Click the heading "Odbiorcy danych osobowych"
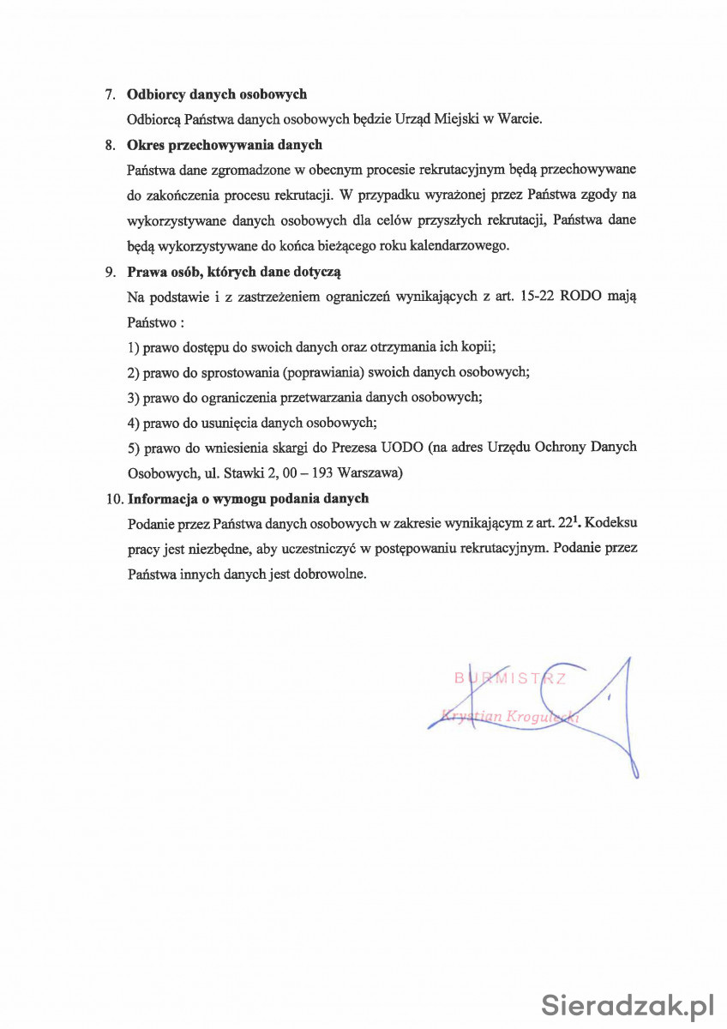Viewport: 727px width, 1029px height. click(217, 94)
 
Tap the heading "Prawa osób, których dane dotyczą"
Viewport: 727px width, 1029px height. click(234, 273)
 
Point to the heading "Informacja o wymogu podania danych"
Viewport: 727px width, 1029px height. click(248, 498)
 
